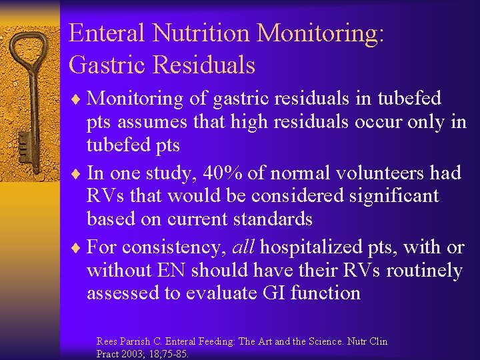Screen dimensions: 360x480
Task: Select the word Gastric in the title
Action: click(107, 65)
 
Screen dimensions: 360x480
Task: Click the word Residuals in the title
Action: click(203, 65)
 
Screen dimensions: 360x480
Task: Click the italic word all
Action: click(244, 247)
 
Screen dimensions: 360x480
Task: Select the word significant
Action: click(389, 196)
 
